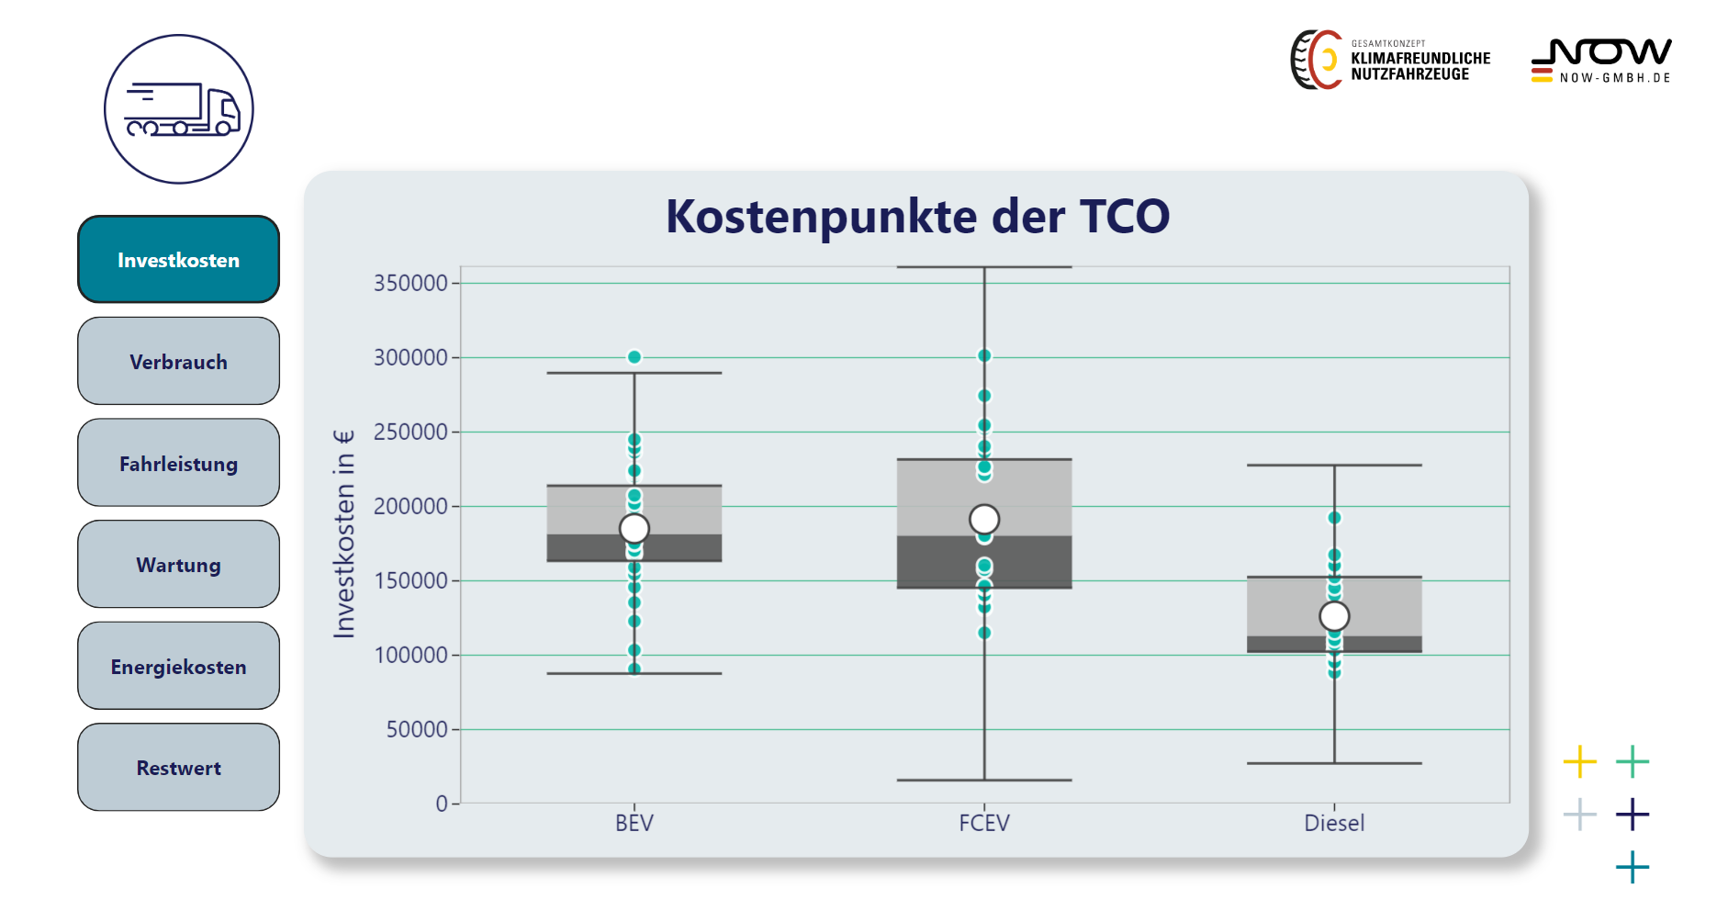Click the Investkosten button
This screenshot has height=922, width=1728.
178,260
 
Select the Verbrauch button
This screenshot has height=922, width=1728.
178,361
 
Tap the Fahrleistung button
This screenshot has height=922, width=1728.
178,463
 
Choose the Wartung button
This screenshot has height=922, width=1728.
178,565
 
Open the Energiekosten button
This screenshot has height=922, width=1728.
178,666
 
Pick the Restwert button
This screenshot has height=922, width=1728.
178,768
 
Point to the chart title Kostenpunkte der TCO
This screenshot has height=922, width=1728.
917,217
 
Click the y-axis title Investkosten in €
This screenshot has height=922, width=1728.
343,534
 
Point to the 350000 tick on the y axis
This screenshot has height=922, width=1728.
410,283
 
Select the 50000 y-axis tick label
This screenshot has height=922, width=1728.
417,729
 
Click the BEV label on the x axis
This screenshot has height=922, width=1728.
634,823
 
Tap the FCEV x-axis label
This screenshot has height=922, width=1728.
984,823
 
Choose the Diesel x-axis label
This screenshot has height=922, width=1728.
1334,823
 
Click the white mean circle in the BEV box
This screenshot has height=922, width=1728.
634,528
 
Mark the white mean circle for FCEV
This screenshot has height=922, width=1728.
984,520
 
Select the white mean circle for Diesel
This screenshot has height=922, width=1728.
1334,616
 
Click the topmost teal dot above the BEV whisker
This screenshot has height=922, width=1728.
634,357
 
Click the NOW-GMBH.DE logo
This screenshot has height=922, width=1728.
1601,61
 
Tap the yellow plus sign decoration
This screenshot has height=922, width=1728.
1580,761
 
